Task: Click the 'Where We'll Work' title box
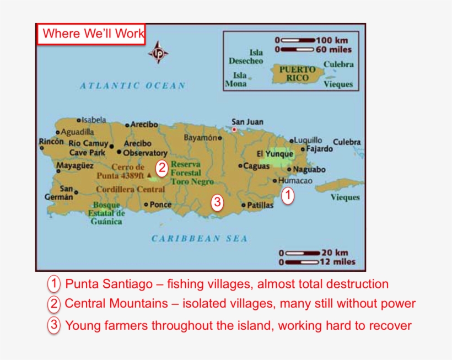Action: pos(92,34)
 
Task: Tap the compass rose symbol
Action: pos(159,53)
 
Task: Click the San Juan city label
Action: pos(247,122)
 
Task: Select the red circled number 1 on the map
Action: pos(288,195)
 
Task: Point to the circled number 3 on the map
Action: pos(218,203)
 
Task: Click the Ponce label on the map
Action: pos(160,205)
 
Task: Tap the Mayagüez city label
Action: pos(75,165)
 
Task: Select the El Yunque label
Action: pos(275,154)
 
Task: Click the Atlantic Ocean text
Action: pos(132,85)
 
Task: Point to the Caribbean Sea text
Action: pos(200,239)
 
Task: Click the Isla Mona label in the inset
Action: pos(237,79)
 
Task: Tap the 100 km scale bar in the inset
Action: pos(298,40)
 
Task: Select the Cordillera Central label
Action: pos(131,189)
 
